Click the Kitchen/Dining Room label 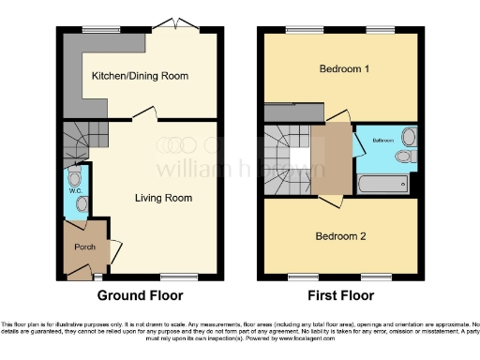tap(140, 75)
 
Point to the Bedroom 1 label tap(343, 69)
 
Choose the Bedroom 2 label tap(340, 235)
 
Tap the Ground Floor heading tap(141, 294)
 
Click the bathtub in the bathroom tap(385, 183)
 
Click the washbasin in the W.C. tap(81, 203)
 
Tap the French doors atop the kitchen tap(175, 26)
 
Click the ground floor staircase tap(82, 141)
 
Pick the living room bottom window tap(173, 277)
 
